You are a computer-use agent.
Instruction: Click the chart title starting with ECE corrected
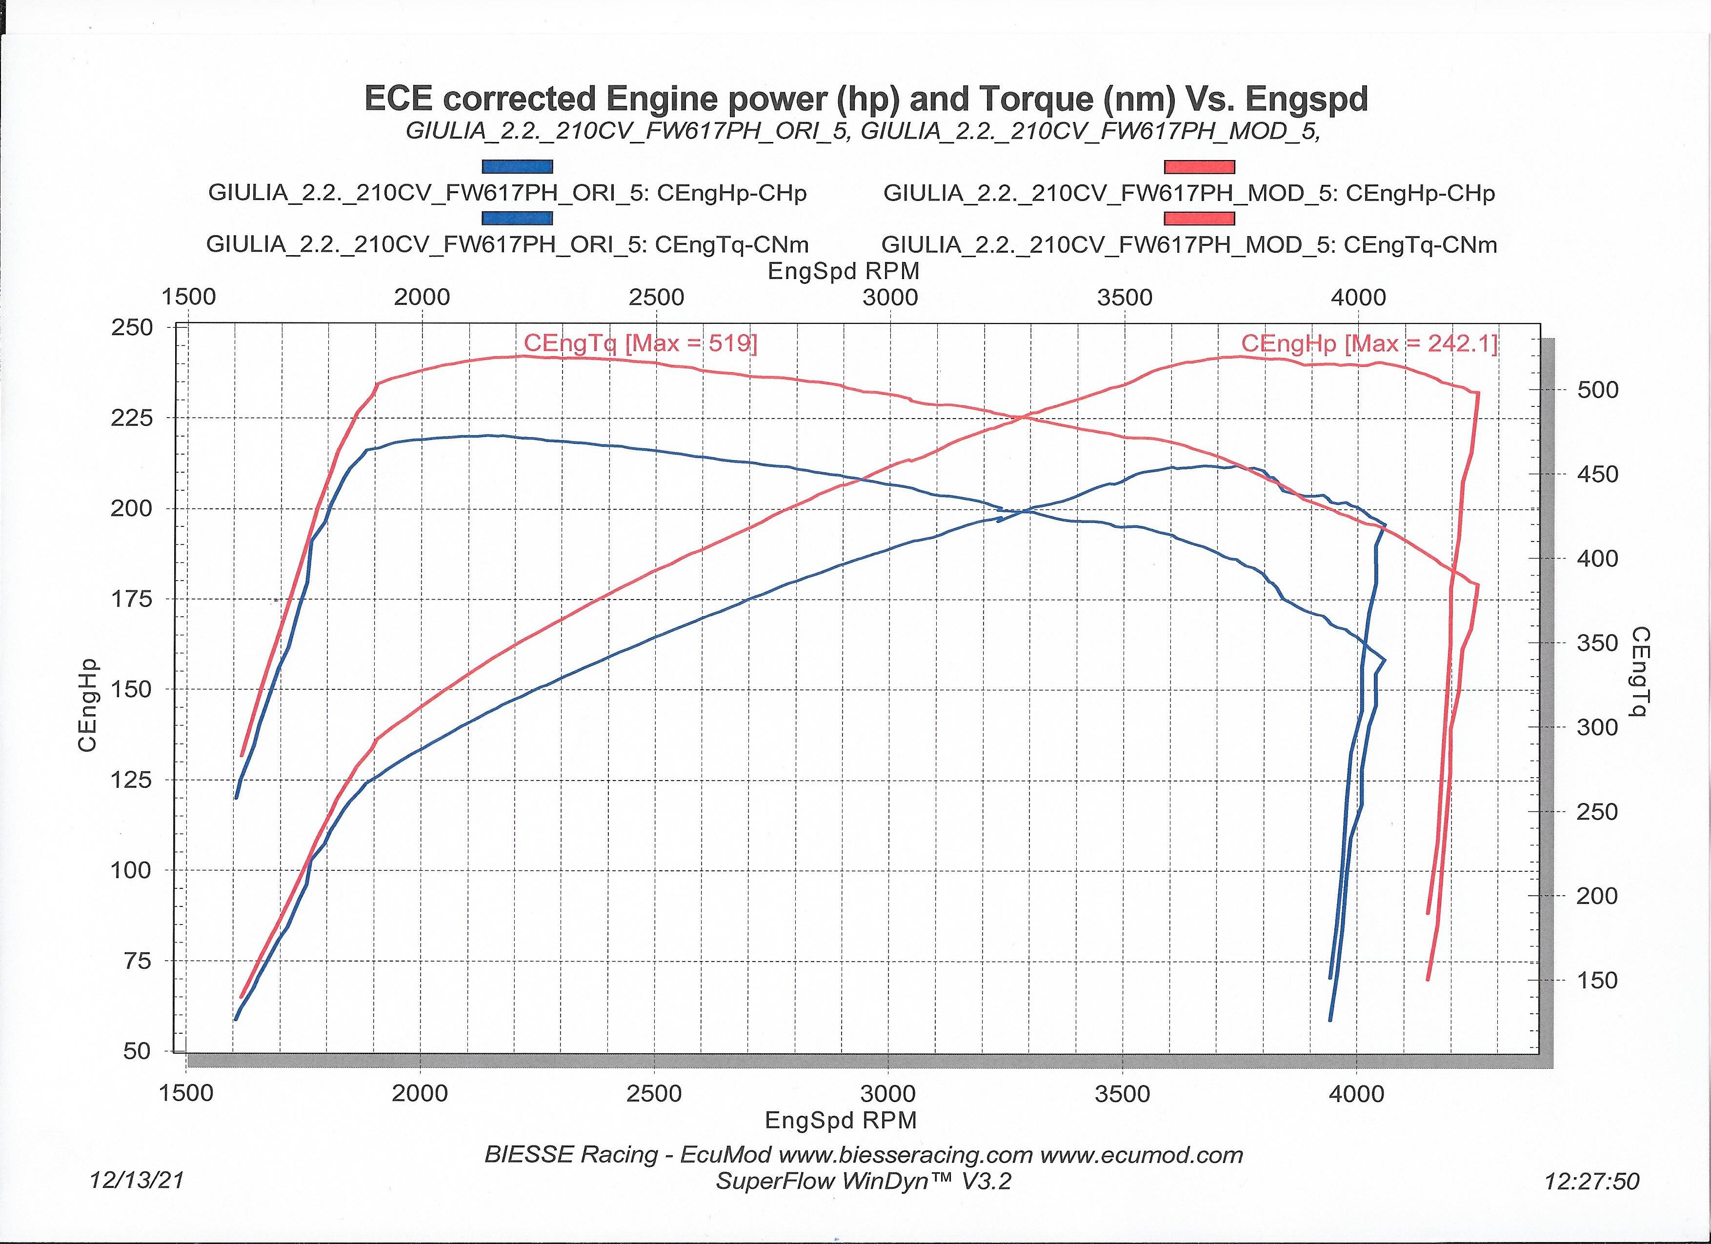pos(866,99)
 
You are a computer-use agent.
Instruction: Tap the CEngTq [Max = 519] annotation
pos(641,344)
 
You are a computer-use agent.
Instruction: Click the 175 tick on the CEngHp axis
pos(132,599)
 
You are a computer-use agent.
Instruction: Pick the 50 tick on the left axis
pos(137,1051)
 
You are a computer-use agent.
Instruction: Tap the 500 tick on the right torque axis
pos(1598,390)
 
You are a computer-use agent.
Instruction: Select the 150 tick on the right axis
pos(1598,981)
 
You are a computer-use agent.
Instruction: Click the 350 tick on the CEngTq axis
pos(1598,643)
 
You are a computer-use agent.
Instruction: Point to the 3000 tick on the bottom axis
pos(889,1094)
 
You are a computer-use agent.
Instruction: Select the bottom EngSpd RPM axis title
pos(841,1120)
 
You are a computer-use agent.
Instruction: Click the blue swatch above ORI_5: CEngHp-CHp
pos(518,167)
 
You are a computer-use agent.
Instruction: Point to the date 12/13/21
pos(137,1180)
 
